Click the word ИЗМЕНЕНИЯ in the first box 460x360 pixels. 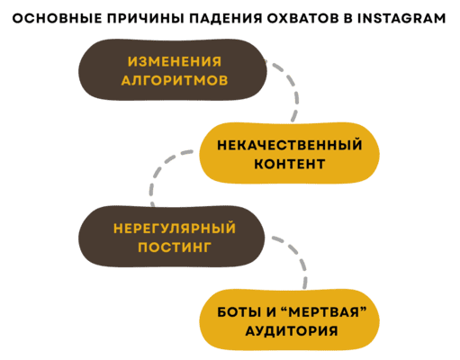pos(173,62)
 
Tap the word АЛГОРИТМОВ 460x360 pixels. pos(173,81)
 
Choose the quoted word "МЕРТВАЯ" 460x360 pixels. pos(317,310)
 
